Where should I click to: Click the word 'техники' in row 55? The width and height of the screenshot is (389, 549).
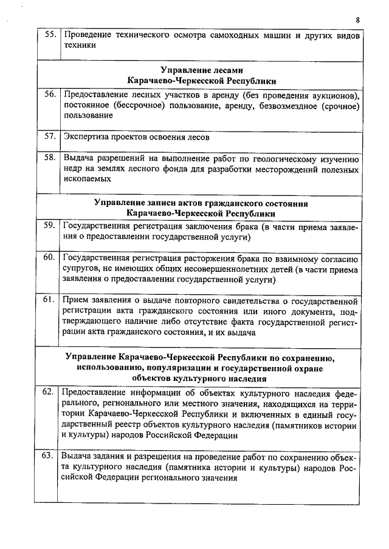point(80,45)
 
